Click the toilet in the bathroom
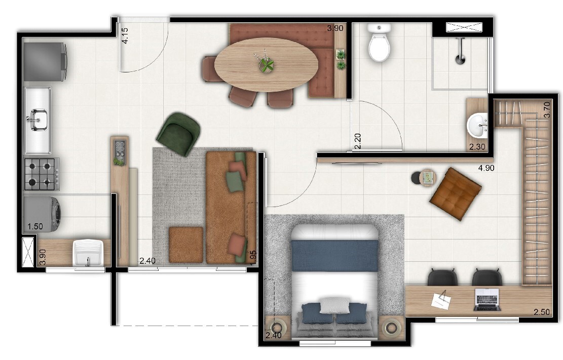pyautogui.click(x=379, y=43)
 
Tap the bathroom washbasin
pyautogui.click(x=477, y=125)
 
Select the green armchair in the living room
pyautogui.click(x=178, y=134)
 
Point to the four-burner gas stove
pyautogui.click(x=42, y=174)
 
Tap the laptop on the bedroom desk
pyautogui.click(x=487, y=299)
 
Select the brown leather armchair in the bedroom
pyautogui.click(x=456, y=194)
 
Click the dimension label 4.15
pyautogui.click(x=125, y=35)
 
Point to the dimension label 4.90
pyautogui.click(x=486, y=168)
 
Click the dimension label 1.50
pyautogui.click(x=35, y=226)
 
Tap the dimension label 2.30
pyautogui.click(x=477, y=147)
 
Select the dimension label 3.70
pyautogui.click(x=547, y=110)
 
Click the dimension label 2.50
pyautogui.click(x=541, y=312)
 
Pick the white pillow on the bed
pyautogui.click(x=334, y=305)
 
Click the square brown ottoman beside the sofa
pyautogui.click(x=186, y=245)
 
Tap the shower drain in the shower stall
pyautogui.click(x=460, y=60)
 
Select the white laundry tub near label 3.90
pyautogui.click(x=88, y=253)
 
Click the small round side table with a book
pyautogui.click(x=428, y=178)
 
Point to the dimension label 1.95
pyautogui.click(x=253, y=257)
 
